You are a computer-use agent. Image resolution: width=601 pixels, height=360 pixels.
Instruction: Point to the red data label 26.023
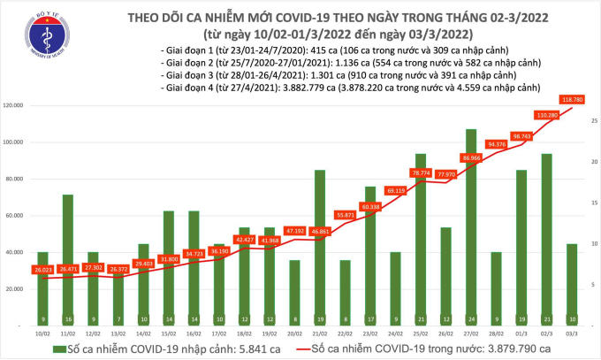[x=42, y=270]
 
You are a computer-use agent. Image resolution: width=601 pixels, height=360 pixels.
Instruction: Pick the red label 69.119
[x=395, y=189]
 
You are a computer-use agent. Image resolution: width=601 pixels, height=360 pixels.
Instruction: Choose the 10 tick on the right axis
[x=591, y=243]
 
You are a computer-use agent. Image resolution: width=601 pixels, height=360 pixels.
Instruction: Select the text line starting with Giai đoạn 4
[x=351, y=89]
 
